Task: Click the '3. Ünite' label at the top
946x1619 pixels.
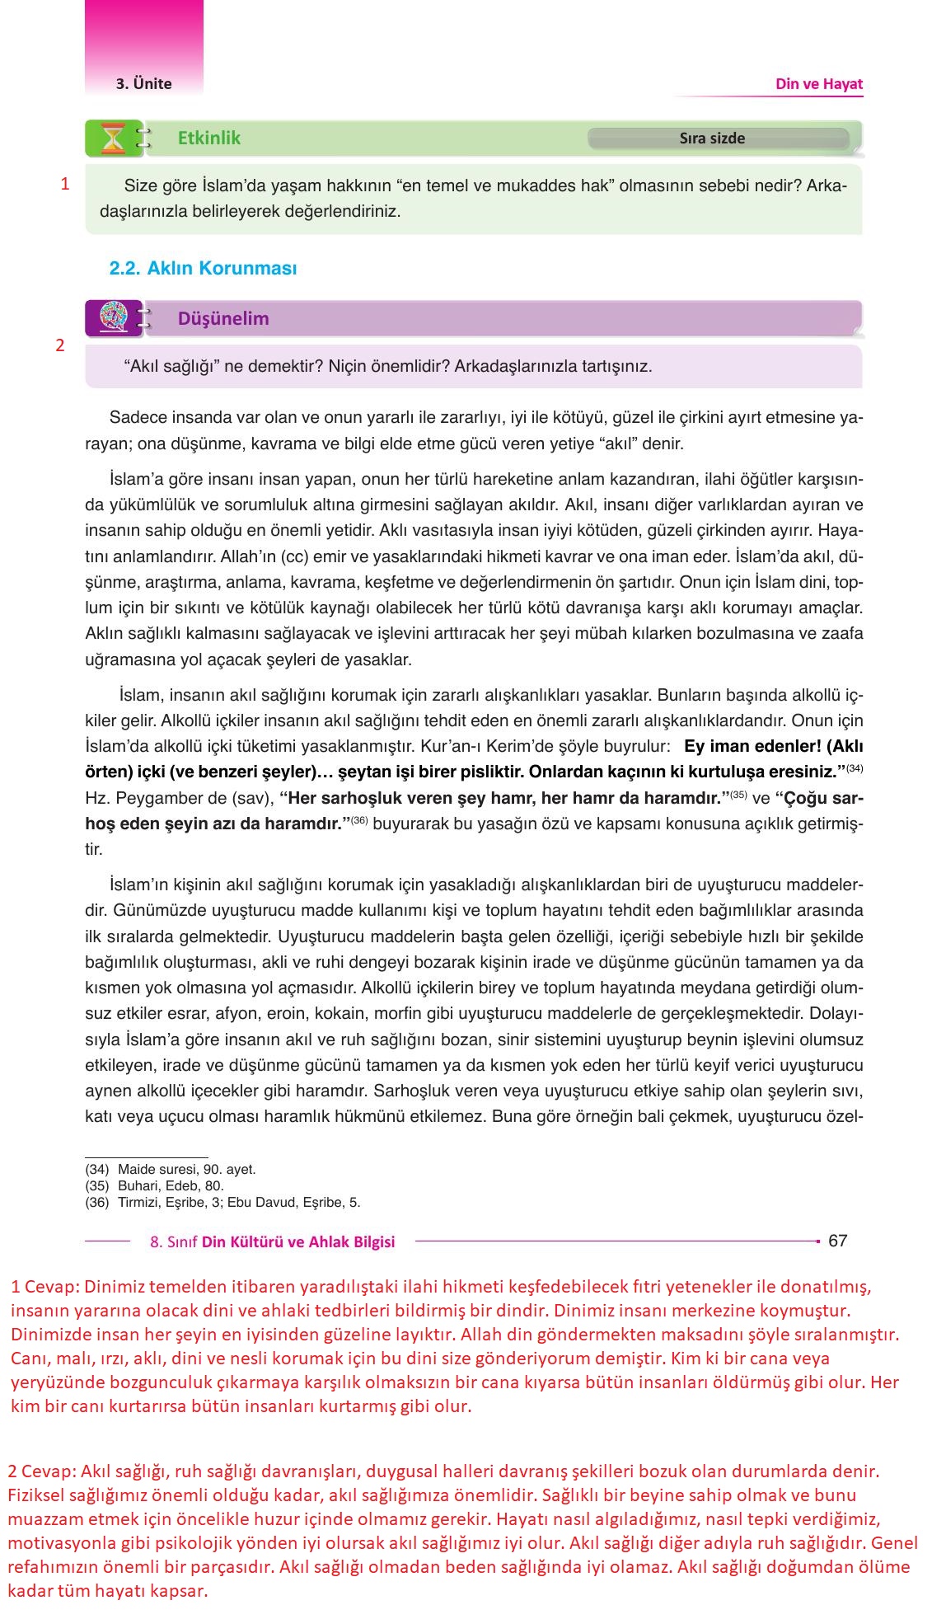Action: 144,83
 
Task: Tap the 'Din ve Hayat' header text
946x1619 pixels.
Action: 818,83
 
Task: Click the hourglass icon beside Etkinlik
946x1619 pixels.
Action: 112,138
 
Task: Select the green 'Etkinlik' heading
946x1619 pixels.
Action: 209,138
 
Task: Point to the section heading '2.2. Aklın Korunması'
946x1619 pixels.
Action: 203,268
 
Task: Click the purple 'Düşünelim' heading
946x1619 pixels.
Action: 223,318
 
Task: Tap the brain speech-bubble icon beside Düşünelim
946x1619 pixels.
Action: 113,318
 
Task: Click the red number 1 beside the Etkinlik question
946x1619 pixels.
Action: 65,184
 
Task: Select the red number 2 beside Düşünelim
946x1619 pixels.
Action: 59,345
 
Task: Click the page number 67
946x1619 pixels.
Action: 837,1241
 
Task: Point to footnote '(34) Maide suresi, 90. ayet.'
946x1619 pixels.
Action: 171,1169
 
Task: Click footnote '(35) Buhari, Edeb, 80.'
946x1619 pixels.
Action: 154,1185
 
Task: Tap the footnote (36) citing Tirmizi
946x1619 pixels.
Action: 222,1202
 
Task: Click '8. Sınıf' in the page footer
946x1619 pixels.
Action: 174,1242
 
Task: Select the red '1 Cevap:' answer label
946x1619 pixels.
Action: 45,1287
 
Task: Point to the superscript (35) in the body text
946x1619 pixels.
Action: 739,795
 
